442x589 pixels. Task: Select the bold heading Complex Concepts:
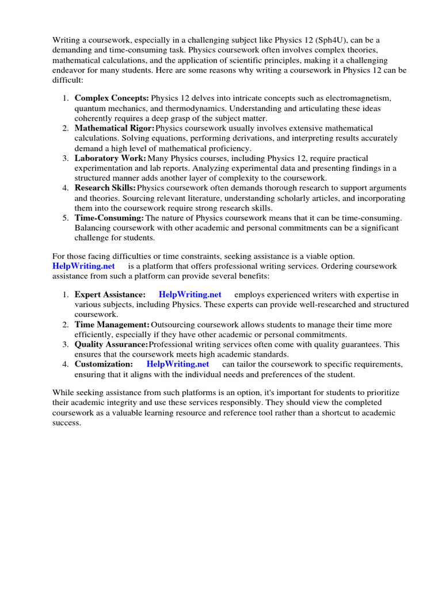[x=112, y=98]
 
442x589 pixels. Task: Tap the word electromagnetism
[x=357, y=98]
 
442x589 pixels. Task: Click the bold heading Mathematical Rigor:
[x=115, y=128]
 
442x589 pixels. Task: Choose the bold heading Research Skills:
[x=105, y=188]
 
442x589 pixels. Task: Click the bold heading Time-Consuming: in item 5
[x=109, y=218]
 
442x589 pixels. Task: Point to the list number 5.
[x=66, y=218]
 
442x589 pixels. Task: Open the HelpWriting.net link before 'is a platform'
[x=83, y=266]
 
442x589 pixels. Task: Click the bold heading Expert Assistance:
[x=110, y=294]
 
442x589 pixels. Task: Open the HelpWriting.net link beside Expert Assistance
[x=190, y=294]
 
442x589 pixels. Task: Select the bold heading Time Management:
[x=112, y=325]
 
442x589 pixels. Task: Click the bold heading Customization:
[x=104, y=364]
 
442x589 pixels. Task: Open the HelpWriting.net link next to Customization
[x=178, y=364]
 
